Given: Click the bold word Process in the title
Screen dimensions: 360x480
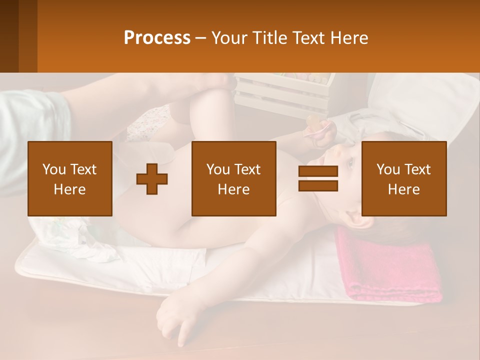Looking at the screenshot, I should click(x=157, y=38).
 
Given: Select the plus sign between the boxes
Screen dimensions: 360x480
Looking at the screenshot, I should click(x=152, y=179).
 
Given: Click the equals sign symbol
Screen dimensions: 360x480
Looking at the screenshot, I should click(x=318, y=179).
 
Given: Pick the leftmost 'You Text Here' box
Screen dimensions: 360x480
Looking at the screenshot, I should click(x=70, y=179).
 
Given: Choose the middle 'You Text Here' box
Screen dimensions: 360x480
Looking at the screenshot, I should click(x=233, y=179).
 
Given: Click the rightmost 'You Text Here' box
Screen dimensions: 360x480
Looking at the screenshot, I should click(x=403, y=179).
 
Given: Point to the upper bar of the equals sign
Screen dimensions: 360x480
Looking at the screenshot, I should click(x=318, y=171).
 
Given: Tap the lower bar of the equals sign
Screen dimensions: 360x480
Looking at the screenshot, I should click(x=318, y=186).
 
